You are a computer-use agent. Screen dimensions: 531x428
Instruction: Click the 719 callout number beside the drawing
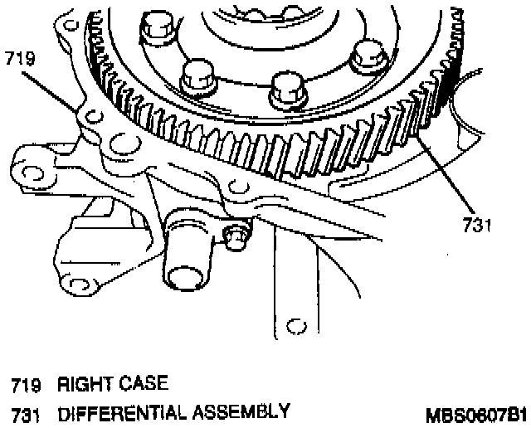pyautogui.click(x=17, y=59)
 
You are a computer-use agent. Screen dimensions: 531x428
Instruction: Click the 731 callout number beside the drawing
pyautogui.click(x=475, y=224)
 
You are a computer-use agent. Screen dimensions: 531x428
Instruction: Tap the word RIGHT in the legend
pyautogui.click(x=79, y=385)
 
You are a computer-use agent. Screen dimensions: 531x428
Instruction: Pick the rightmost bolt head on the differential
pyautogui.click(x=365, y=58)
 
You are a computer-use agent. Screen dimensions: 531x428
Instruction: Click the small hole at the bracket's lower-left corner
pyautogui.click(x=94, y=292)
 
